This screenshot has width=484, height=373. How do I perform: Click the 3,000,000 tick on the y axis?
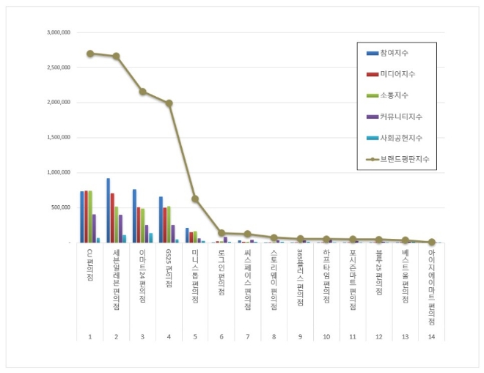click(x=58, y=32)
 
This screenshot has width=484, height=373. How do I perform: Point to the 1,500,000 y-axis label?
click(x=58, y=138)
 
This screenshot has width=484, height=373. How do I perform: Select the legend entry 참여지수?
click(x=394, y=53)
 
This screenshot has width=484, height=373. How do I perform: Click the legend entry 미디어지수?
click(x=396, y=74)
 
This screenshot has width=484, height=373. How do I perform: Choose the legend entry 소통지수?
click(x=394, y=95)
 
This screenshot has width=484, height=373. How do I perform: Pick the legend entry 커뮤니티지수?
click(x=400, y=117)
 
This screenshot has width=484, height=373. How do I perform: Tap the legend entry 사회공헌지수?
click(x=400, y=138)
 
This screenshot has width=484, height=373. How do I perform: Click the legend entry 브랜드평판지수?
click(x=404, y=159)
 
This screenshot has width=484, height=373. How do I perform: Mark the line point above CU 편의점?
click(x=90, y=53)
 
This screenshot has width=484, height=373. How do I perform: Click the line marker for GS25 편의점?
click(x=169, y=103)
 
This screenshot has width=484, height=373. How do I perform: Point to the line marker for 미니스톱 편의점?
click(x=195, y=199)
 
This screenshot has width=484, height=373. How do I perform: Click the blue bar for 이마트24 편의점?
click(x=134, y=215)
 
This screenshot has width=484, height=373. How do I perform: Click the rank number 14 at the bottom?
click(x=431, y=336)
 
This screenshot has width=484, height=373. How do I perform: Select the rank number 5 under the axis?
click(x=195, y=336)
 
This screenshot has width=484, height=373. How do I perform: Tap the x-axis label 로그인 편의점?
click(x=221, y=272)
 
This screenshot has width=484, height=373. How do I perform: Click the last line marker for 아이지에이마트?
click(x=431, y=242)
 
